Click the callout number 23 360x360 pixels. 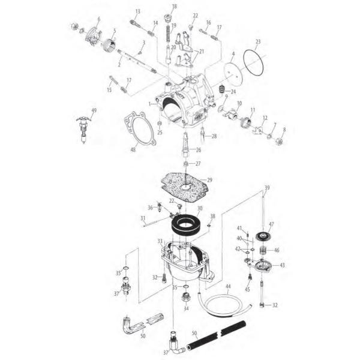(x=257, y=41)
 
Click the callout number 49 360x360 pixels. (x=94, y=110)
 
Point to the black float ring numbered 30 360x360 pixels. (x=186, y=224)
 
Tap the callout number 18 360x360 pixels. (x=175, y=7)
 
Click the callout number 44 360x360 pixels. (x=228, y=287)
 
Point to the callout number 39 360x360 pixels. (x=267, y=187)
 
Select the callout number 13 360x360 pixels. (x=137, y=12)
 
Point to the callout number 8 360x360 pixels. (x=284, y=129)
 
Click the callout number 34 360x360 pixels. (x=185, y=308)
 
